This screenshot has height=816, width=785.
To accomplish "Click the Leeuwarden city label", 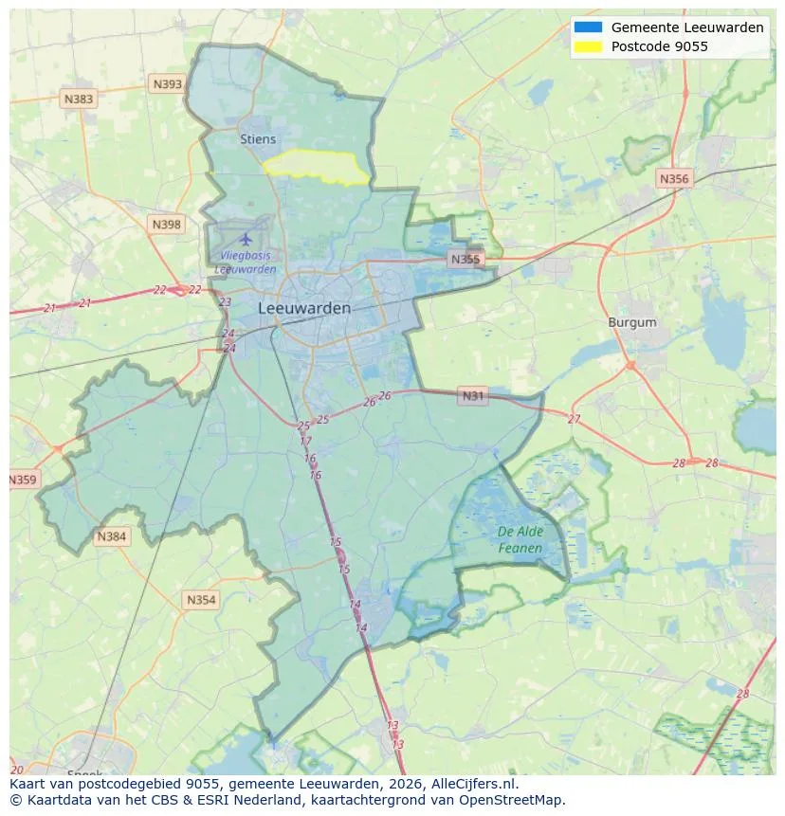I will [303, 308].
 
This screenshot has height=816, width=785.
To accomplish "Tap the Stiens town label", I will [258, 139].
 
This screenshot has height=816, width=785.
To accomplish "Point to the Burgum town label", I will [631, 322].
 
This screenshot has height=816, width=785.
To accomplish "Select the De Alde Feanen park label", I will [520, 540].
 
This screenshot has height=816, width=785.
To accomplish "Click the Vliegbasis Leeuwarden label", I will [246, 263].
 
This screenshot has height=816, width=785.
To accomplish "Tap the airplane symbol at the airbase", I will [246, 238].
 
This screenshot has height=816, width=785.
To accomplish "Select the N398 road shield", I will [165, 224].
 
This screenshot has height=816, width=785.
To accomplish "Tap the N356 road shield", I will [674, 178].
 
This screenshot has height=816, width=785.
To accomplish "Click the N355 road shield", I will [466, 259].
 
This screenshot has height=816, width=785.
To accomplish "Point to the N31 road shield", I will [473, 395].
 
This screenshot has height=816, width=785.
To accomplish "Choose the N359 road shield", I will [23, 481].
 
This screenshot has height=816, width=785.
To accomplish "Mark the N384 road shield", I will [111, 537].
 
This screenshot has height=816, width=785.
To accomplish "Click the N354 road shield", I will [201, 600].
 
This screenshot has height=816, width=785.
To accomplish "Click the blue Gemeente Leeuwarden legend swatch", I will [588, 27].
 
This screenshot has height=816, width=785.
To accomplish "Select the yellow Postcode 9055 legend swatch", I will [588, 46].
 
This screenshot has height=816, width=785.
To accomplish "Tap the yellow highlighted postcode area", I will [318, 165].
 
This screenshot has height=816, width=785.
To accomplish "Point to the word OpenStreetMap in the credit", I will [518, 800].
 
